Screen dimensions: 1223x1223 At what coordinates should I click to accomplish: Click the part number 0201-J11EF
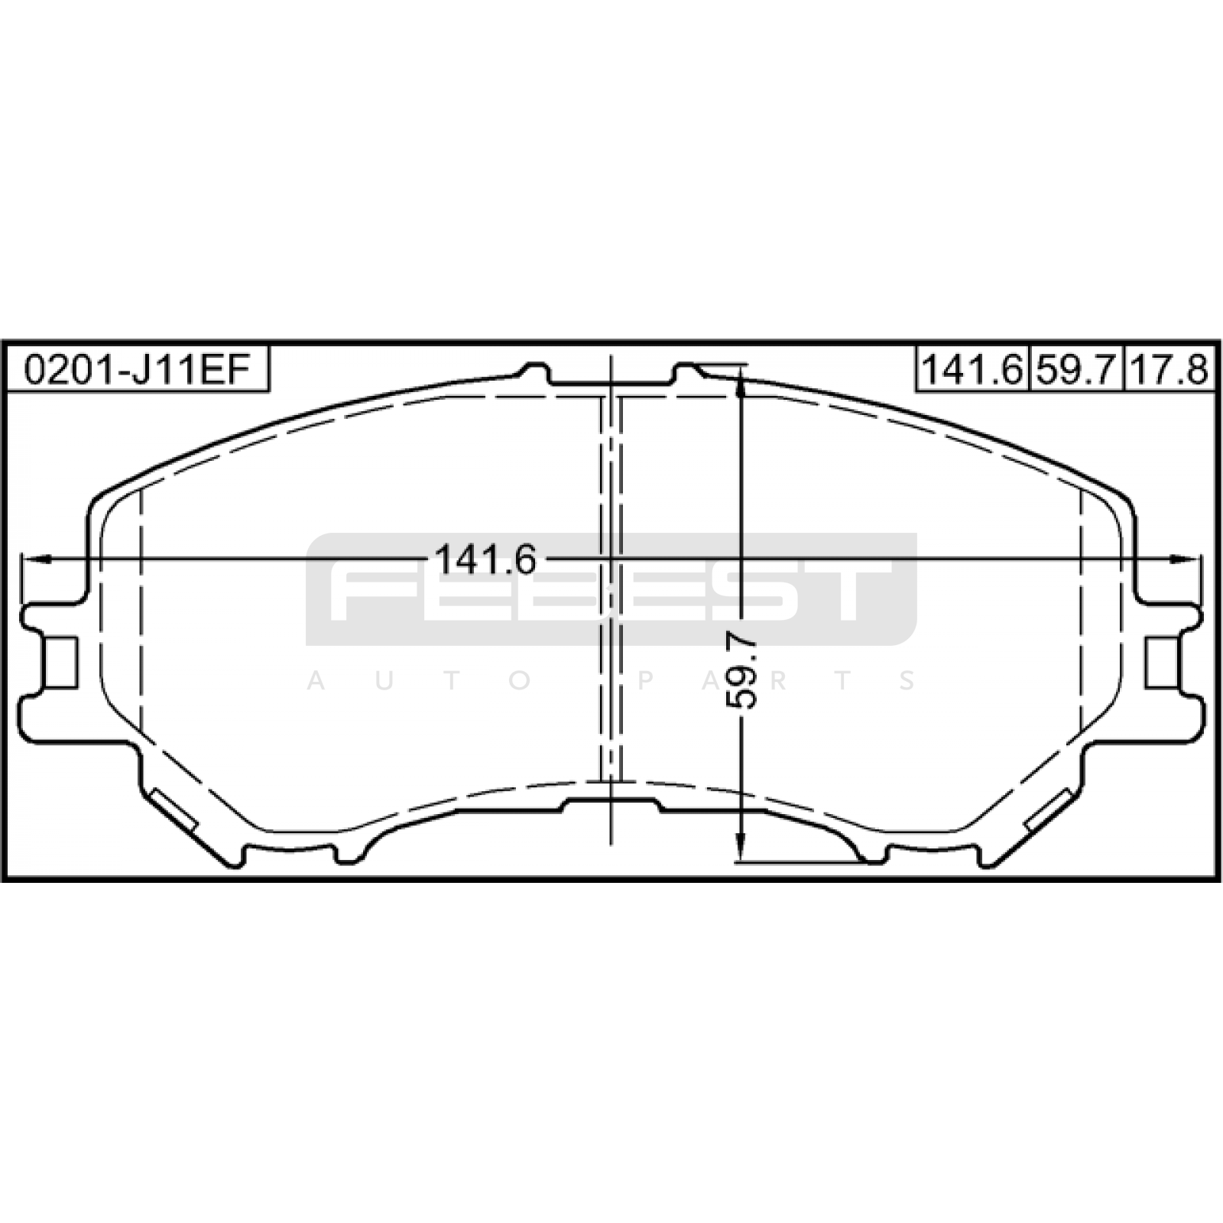coord(137,371)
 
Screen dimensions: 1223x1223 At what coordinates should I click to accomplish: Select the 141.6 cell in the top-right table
coord(972,370)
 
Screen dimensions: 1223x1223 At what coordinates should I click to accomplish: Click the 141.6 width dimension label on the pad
coord(486,560)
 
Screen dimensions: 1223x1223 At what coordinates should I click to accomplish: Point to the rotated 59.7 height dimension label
coord(741,670)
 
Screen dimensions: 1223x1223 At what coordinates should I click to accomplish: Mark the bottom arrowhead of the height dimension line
coord(740,848)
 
